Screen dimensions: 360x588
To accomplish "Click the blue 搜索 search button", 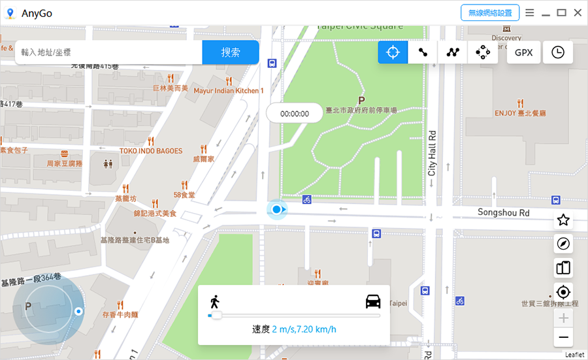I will coord(231,52).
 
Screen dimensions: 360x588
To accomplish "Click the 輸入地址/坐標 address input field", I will coord(108,52).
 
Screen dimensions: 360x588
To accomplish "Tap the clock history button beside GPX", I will coord(557,52).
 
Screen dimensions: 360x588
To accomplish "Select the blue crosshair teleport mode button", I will coord(393,52).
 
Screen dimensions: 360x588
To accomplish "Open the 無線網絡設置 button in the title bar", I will coord(490,12).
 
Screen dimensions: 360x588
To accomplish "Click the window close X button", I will coord(578,12).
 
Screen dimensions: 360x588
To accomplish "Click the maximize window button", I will coord(561,12).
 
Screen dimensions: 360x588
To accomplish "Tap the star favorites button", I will coord(563,220).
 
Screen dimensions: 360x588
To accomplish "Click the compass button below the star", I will coord(563,244).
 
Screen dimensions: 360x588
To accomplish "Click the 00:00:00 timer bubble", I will coord(294,113).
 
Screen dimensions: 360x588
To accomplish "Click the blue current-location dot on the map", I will coord(277,209).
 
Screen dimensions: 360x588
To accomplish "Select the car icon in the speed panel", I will coord(373,302).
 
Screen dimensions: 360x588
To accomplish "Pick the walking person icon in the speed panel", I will coord(214,302).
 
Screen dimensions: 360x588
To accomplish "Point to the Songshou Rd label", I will coord(503,212).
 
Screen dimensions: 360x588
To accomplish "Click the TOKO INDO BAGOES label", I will coord(151,151).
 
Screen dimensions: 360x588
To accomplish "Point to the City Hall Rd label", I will coord(432,153).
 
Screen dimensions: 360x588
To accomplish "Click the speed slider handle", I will coord(216,316).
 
